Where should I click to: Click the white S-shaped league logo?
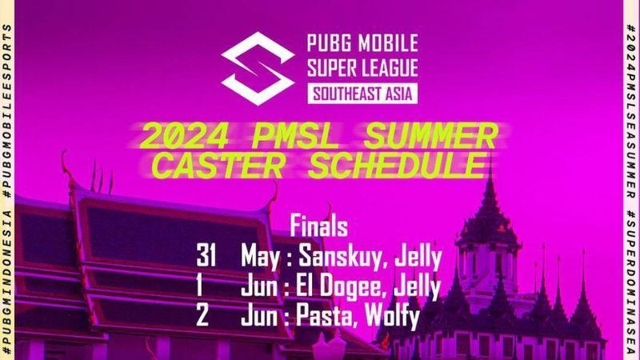coord(258,69)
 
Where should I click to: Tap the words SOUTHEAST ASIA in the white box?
coord(362,94)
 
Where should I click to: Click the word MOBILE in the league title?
coord(389,43)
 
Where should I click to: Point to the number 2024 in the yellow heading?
coord(184,136)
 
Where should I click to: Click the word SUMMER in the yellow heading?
coord(431,136)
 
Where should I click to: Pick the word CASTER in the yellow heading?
coord(218,166)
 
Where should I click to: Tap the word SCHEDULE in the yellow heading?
coord(398,166)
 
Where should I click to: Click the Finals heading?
coord(318,226)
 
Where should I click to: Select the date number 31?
coord(206,256)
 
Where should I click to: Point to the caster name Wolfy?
coord(392,317)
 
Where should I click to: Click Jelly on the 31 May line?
coord(418,258)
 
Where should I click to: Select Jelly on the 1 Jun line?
coord(417,287)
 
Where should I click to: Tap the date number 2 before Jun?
coord(202,315)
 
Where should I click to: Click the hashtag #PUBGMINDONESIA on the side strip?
coord(7,282)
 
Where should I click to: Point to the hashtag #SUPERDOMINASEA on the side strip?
coord(632,282)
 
